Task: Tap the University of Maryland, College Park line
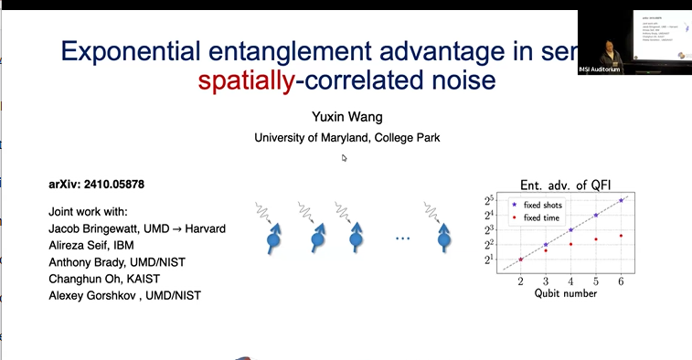pos(346,138)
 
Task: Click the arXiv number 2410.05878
pos(120,184)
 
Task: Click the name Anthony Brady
pos(90,261)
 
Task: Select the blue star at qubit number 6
pos(622,199)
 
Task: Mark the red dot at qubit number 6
pos(622,236)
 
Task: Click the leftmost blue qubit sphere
pos(272,242)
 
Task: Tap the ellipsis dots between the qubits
pos(403,240)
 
